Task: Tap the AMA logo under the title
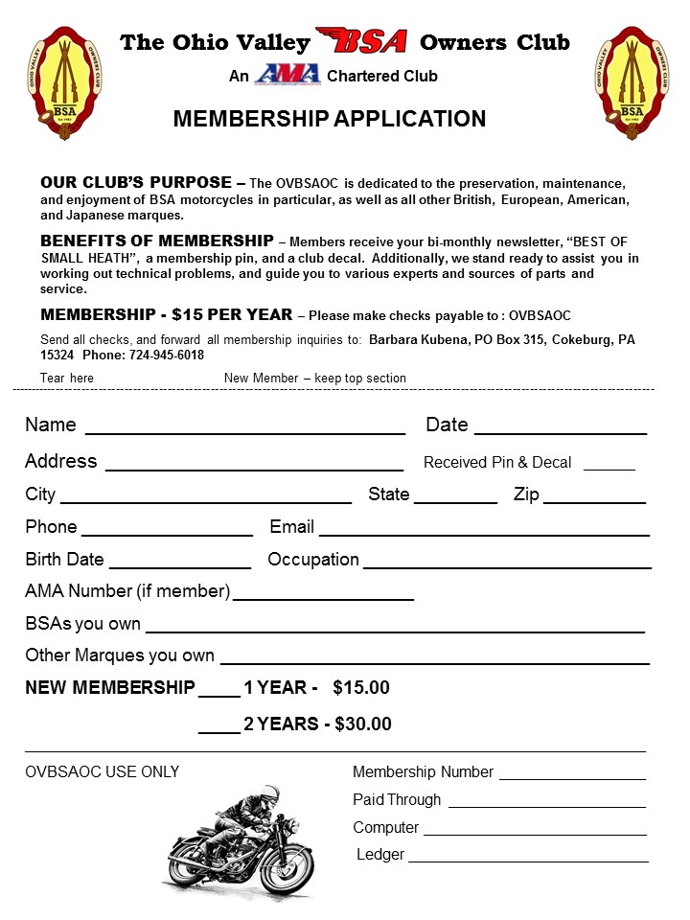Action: (x=287, y=76)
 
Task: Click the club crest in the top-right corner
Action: (x=631, y=83)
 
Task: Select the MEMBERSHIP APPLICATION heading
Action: (x=329, y=119)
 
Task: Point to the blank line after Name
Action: (x=245, y=431)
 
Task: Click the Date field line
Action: (x=561, y=431)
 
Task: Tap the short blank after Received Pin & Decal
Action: (x=609, y=468)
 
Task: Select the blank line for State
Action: (x=455, y=501)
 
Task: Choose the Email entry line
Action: (x=484, y=533)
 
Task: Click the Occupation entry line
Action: (x=507, y=565)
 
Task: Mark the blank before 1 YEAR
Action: (x=219, y=694)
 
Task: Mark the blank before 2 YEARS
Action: (x=219, y=731)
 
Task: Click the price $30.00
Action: (x=363, y=724)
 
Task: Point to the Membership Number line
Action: (x=572, y=778)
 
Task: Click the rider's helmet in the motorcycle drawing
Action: (x=270, y=795)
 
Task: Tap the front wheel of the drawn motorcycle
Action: (x=286, y=860)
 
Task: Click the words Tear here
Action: (x=67, y=379)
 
